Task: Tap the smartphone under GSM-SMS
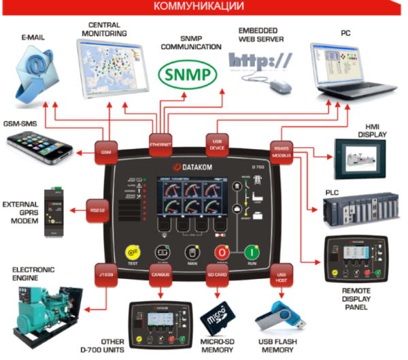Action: tap(39, 145)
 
